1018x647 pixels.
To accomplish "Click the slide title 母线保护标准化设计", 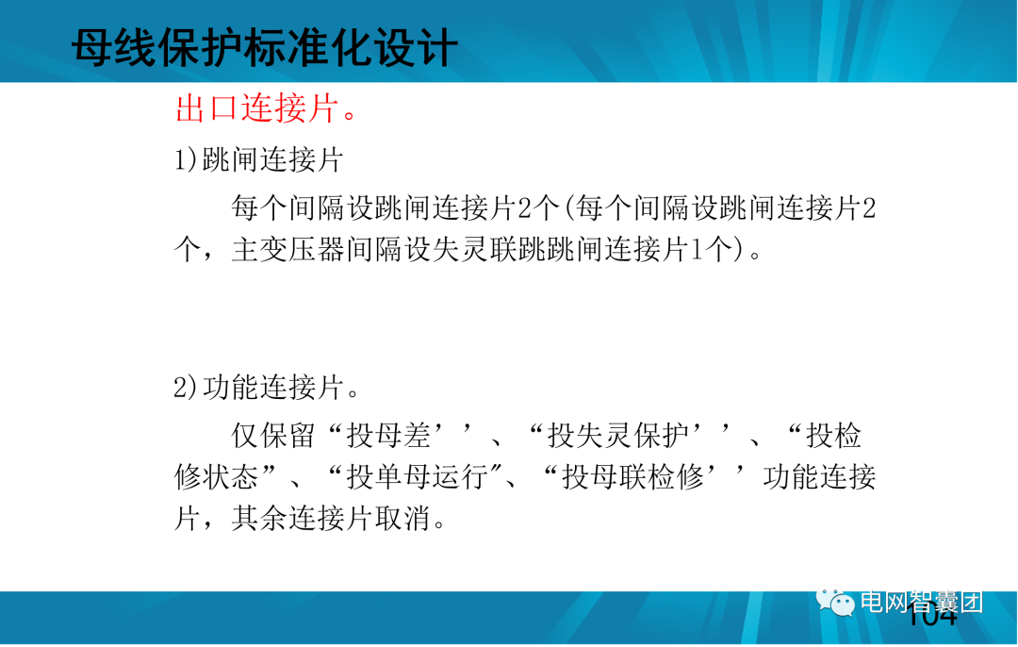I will tap(265, 47).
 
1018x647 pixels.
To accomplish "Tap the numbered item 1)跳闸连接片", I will tap(258, 159).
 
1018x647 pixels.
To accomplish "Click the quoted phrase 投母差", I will tap(388, 435).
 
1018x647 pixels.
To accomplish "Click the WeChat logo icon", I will tap(835, 602).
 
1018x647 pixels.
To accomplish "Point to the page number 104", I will tap(932, 619).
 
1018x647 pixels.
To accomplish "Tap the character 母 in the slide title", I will tap(92, 47).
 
